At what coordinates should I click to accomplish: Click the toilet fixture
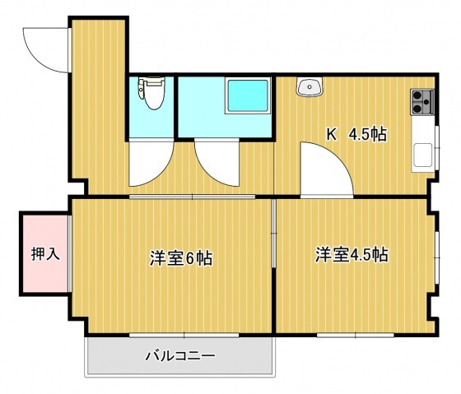click(x=152, y=91)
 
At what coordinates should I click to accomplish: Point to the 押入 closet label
click(x=45, y=254)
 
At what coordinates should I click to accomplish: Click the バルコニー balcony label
click(x=179, y=357)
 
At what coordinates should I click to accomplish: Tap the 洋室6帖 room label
click(x=181, y=257)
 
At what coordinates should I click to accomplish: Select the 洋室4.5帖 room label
click(x=352, y=254)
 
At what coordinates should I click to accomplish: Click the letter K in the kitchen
click(x=333, y=134)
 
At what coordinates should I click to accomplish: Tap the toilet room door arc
click(x=148, y=165)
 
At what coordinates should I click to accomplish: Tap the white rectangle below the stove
click(x=422, y=154)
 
